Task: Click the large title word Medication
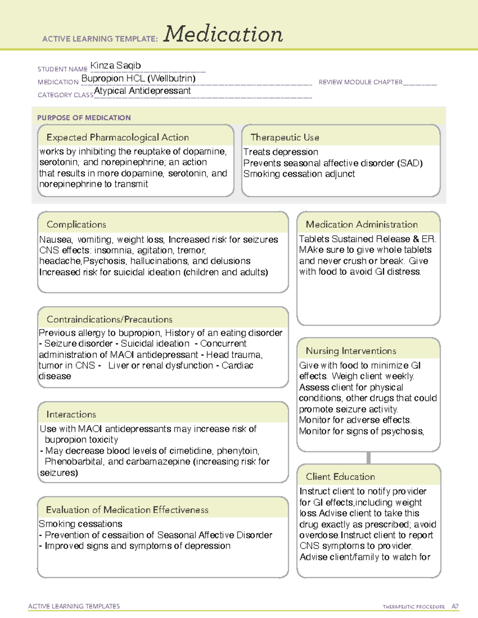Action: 223,34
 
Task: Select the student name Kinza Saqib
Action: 116,65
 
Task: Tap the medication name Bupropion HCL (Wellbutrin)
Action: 138,78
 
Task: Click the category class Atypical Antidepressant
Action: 142,91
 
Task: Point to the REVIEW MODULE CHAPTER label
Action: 360,82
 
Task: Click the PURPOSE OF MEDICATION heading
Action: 84,118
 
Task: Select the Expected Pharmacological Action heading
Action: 118,137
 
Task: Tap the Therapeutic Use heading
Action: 284,137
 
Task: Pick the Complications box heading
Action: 76,224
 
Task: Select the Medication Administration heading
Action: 361,224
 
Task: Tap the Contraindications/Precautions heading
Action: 109,319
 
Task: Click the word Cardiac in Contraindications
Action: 237,365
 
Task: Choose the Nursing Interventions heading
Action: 351,351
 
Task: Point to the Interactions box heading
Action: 71,414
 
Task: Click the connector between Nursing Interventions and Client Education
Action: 368,458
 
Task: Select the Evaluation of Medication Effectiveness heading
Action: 127,510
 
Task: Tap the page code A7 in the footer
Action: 454,606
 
